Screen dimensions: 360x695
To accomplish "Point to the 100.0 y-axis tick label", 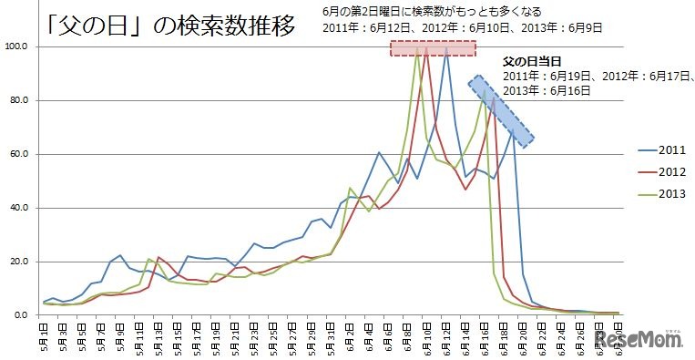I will point(15,46).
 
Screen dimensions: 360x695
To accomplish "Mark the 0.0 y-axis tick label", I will point(21,315).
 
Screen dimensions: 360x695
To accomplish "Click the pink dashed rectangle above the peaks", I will point(433,48).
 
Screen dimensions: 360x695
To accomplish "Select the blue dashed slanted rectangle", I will point(501,110).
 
